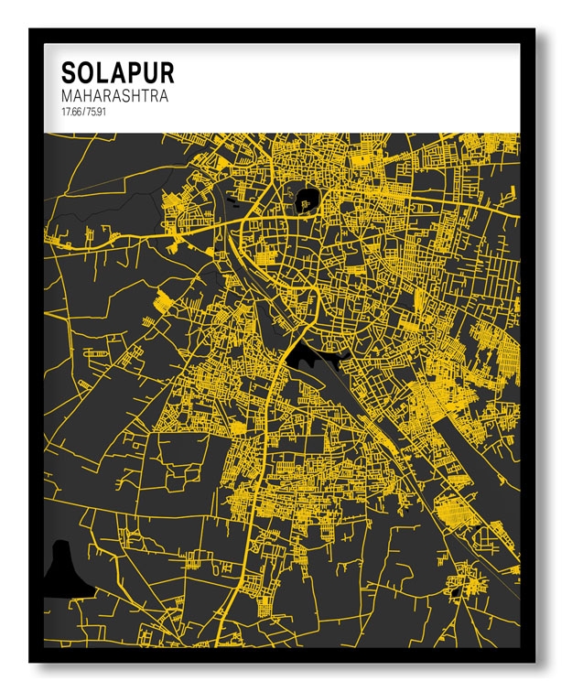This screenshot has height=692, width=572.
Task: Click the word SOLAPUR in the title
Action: point(117,73)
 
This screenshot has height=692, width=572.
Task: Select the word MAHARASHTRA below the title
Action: point(114,96)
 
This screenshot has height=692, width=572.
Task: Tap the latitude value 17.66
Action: point(70,112)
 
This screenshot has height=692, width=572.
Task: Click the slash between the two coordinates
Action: point(81,112)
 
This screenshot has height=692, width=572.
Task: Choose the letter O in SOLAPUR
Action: point(87,73)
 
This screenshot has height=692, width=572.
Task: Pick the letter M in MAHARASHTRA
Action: point(68,96)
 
